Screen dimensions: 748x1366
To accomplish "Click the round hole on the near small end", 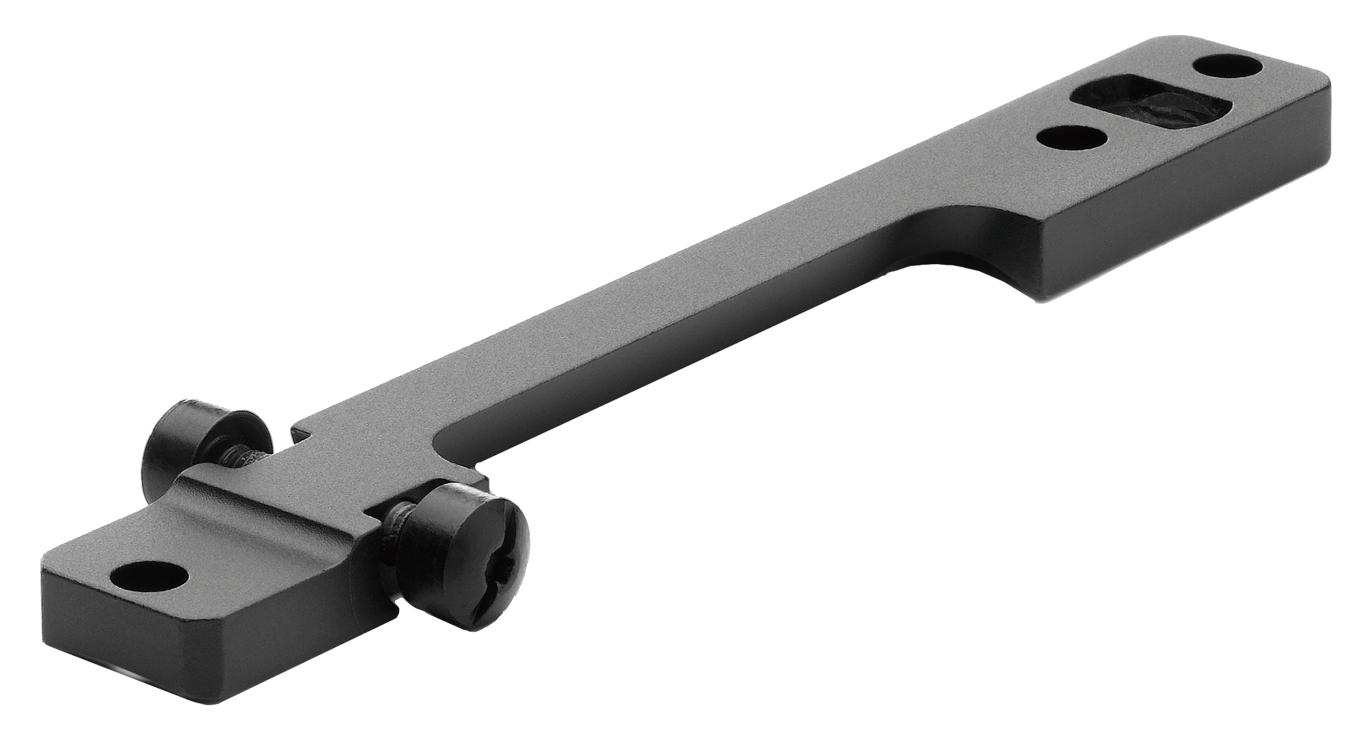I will coord(149,577).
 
